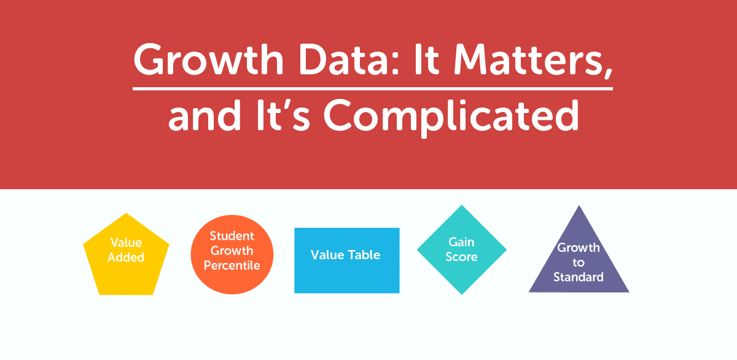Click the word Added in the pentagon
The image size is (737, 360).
(x=126, y=258)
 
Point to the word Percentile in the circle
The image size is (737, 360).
(x=232, y=266)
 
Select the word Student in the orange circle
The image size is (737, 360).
(x=232, y=236)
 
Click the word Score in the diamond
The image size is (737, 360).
(x=462, y=257)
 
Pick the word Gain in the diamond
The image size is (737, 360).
(x=462, y=242)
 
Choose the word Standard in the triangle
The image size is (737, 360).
(x=579, y=277)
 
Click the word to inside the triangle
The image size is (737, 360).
(x=579, y=263)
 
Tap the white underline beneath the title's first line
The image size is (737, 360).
(x=373, y=88)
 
